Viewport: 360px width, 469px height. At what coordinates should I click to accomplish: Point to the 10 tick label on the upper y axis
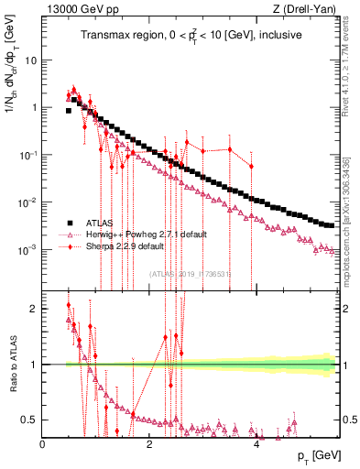(x=30, y=60)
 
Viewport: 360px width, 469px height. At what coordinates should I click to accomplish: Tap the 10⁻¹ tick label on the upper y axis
(x=27, y=155)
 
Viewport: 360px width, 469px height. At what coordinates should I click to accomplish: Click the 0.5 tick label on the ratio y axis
(x=30, y=420)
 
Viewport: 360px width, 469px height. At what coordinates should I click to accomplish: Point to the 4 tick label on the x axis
(x=256, y=443)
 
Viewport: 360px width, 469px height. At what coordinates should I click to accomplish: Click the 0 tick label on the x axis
(x=43, y=443)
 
